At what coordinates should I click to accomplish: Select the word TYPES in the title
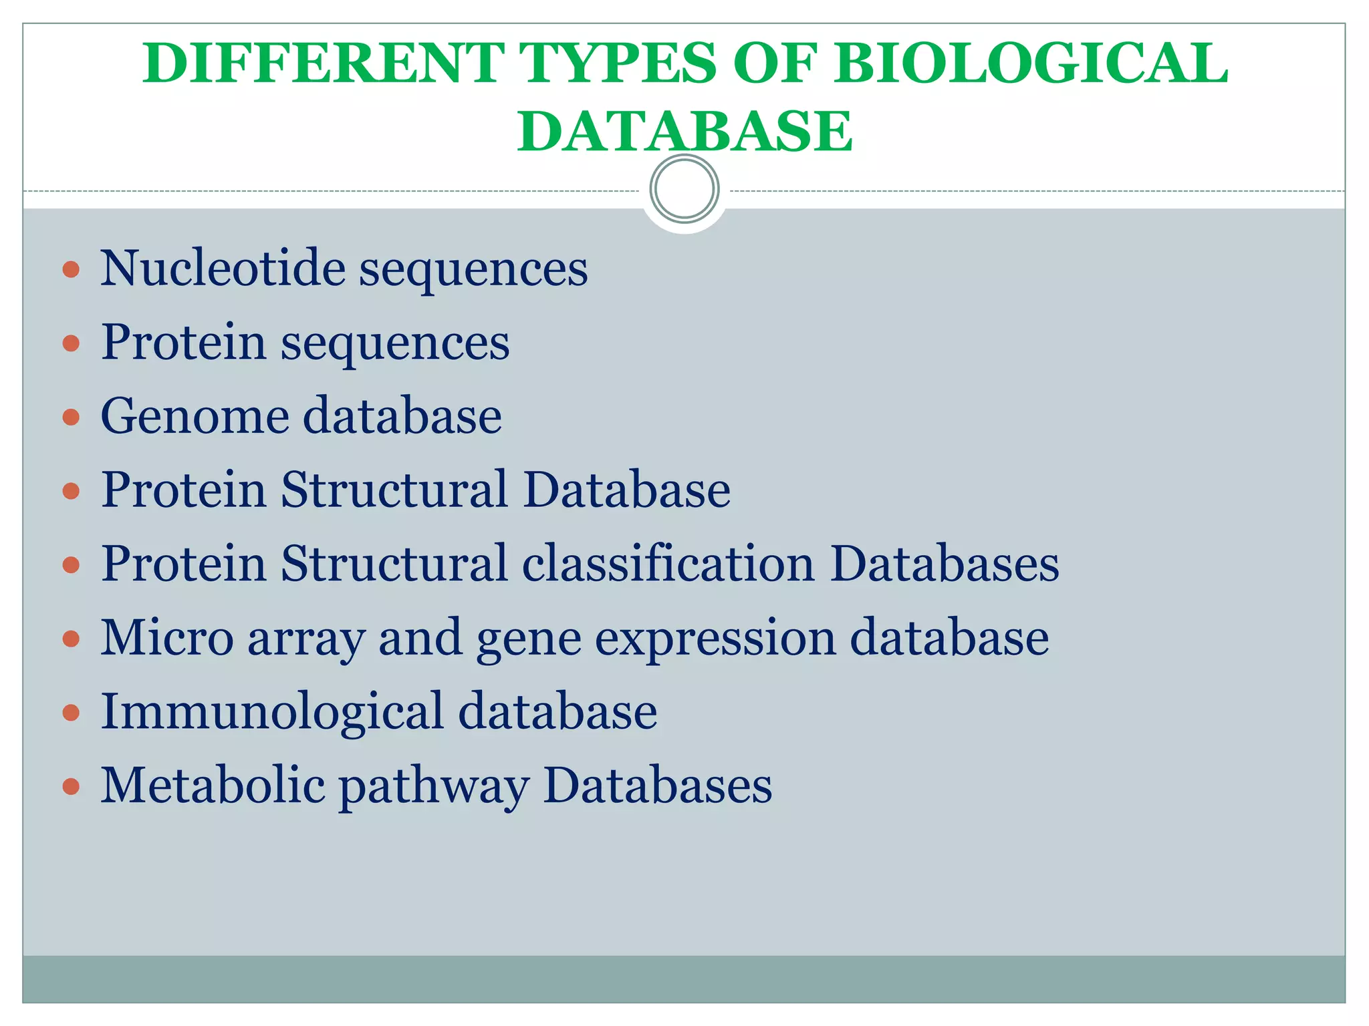point(618,63)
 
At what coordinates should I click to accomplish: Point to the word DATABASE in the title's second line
point(684,131)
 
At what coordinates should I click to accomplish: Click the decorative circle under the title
point(684,189)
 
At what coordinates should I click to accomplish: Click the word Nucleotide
point(223,269)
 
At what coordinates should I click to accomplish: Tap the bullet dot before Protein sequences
point(71,343)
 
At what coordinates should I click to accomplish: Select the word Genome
point(195,416)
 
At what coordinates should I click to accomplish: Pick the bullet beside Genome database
point(71,417)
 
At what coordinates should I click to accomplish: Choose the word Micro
point(167,637)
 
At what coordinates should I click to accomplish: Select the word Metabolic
point(213,785)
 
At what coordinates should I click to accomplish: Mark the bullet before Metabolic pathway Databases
point(71,786)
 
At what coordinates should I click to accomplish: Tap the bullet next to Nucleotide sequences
point(71,270)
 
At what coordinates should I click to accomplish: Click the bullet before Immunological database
point(71,713)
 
